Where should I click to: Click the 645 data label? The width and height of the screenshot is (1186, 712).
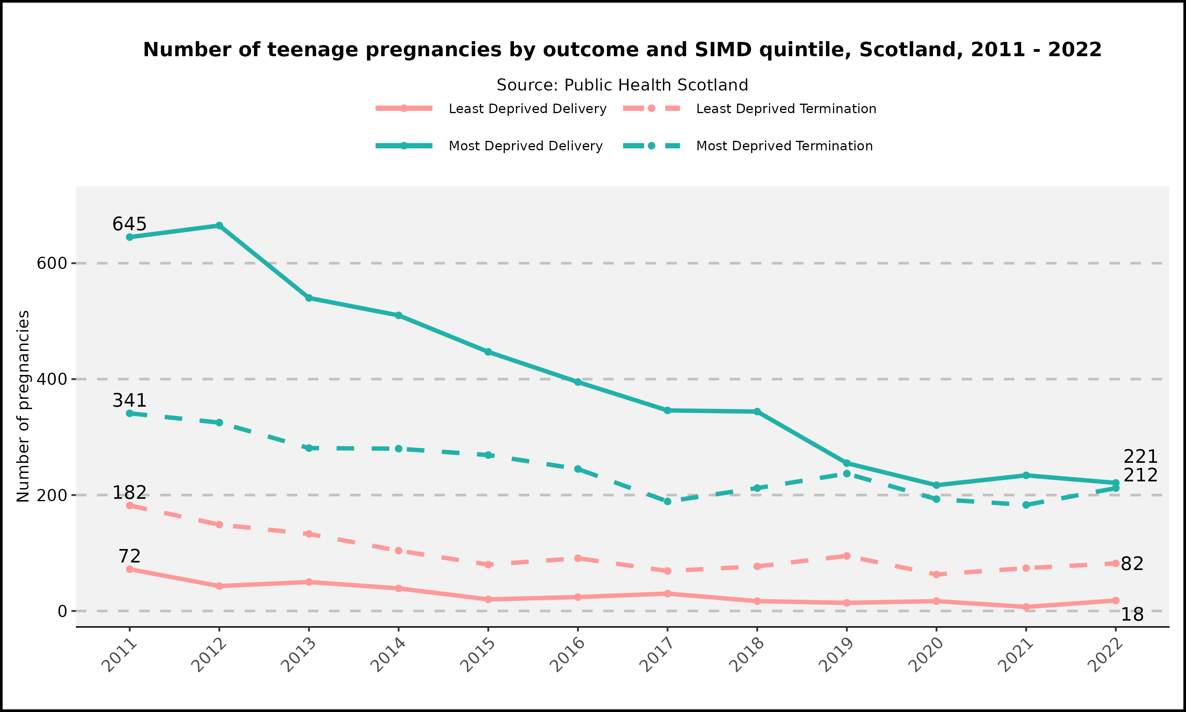[x=129, y=224]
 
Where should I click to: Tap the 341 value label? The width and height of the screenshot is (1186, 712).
[x=129, y=400]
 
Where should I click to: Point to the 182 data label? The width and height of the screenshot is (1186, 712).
[x=129, y=493]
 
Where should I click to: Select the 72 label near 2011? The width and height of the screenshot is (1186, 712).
[x=129, y=557]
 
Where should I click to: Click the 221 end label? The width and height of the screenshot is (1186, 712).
[x=1141, y=457]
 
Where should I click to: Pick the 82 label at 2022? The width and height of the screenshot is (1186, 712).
[x=1132, y=564]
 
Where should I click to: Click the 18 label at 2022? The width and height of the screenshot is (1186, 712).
[x=1132, y=615]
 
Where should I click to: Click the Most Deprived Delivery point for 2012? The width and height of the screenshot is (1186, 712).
[x=219, y=225]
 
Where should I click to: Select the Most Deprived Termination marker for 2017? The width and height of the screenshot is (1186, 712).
[x=667, y=502]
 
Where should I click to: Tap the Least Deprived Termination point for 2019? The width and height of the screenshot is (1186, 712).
[x=846, y=556]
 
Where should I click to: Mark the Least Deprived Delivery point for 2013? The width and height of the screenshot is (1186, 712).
[x=309, y=582]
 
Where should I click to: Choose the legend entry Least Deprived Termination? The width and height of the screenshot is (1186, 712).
[x=786, y=109]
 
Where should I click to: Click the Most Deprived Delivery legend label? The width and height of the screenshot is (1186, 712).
[x=525, y=146]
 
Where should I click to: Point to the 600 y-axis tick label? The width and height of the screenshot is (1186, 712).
[x=51, y=263]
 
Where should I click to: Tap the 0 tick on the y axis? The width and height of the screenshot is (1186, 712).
[x=62, y=611]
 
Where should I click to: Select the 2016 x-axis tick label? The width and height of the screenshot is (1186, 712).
[x=568, y=655]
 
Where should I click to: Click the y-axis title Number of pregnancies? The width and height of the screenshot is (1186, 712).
[x=23, y=406]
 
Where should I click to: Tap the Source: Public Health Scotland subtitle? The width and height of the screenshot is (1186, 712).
[x=622, y=85]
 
